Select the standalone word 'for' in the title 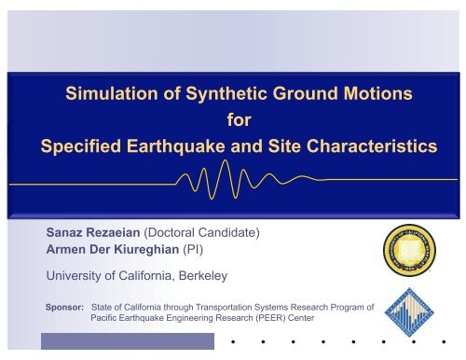[233, 120]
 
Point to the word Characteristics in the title [365, 147]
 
